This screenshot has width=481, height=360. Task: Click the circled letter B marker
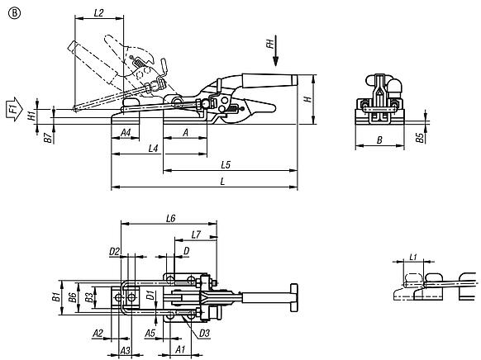(x=14, y=13)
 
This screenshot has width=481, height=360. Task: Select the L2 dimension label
(x=99, y=12)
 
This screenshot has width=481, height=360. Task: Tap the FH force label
(x=270, y=44)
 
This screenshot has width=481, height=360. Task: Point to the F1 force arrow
(x=14, y=109)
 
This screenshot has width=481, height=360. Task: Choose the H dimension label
(x=307, y=99)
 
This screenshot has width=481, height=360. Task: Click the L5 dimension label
(x=226, y=165)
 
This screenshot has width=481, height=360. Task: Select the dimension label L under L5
(x=222, y=181)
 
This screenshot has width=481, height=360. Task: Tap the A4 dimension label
(x=126, y=133)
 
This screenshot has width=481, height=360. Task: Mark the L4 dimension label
(x=153, y=149)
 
